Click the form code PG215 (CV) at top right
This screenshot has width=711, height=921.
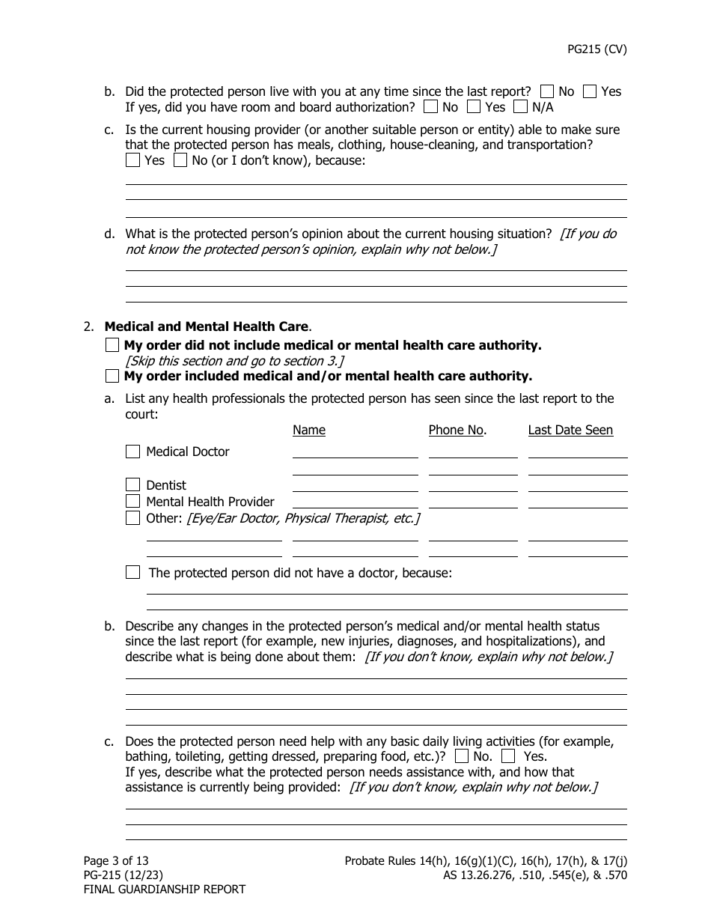(596, 50)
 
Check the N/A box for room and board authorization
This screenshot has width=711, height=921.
(520, 107)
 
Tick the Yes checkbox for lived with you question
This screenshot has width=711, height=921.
(590, 91)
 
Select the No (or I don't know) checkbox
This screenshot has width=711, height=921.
(180, 160)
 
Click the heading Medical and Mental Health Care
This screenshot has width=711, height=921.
(206, 326)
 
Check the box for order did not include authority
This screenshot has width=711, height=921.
(112, 345)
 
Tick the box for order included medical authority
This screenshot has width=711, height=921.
(112, 376)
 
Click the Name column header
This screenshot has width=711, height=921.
(309, 430)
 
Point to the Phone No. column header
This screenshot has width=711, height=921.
(457, 430)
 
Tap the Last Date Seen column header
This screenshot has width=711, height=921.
(570, 430)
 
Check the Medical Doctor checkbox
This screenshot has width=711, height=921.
(133, 452)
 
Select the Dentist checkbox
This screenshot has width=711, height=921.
(133, 485)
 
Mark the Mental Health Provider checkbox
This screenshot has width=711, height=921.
(133, 502)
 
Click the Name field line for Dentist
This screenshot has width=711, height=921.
(355, 485)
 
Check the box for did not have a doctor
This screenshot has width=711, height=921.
(133, 573)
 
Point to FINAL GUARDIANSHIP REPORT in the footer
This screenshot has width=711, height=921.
(164, 890)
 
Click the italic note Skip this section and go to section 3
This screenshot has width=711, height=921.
(234, 361)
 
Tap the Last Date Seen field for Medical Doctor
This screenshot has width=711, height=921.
(577, 452)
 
